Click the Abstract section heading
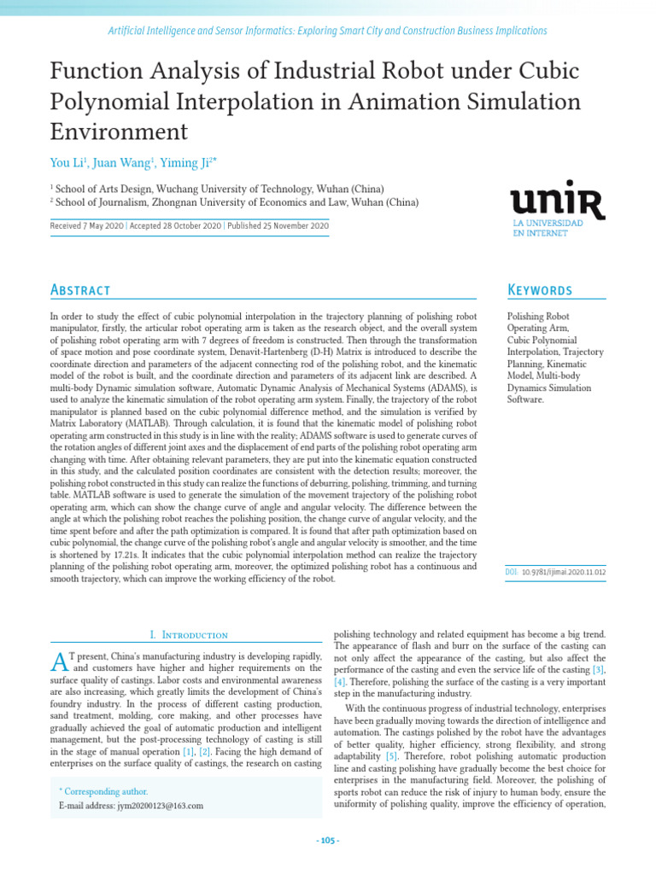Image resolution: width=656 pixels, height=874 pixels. pos(80,290)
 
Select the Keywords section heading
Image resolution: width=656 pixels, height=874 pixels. pos(540,290)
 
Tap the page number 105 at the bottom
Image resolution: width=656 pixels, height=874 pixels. pos(328,841)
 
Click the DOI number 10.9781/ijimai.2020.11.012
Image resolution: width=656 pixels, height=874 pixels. pos(563,572)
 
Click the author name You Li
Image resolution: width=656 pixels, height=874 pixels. pos(67,162)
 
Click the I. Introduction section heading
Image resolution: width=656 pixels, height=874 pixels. pos(189,635)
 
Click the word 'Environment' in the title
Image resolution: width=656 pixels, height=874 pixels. pos(119,131)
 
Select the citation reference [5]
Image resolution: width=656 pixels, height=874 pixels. pos(391,756)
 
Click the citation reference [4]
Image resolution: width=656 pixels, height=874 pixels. pos(339,683)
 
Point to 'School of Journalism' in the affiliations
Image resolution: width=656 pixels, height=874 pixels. pos(102,202)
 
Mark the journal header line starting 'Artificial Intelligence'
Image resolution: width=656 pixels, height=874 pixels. pos(327,31)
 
